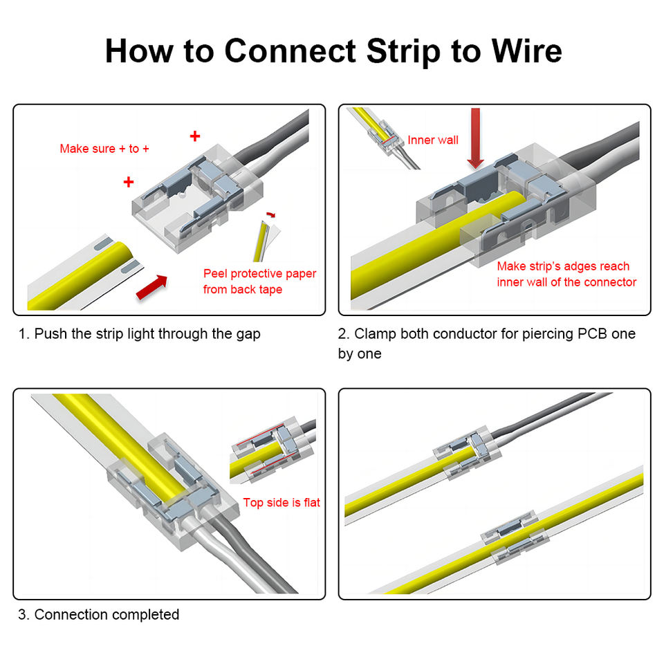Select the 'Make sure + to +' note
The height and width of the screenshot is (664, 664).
[x=104, y=148]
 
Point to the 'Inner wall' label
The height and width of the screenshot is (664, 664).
[x=433, y=140]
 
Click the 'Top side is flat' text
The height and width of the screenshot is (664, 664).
[x=282, y=502]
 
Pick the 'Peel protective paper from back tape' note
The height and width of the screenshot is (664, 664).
[x=259, y=282]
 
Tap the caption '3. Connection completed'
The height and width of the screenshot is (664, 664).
[x=99, y=614]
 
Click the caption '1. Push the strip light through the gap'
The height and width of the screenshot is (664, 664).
[x=139, y=334]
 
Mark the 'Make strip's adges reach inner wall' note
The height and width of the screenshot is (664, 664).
[x=566, y=274]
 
